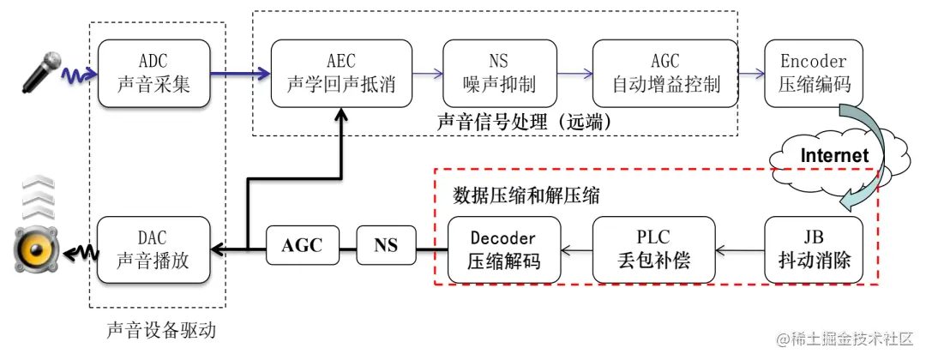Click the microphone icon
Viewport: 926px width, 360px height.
[x=41, y=71]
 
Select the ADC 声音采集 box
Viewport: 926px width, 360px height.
[x=154, y=74]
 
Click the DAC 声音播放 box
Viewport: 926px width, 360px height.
[x=154, y=249]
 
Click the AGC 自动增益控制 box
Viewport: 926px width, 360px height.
[x=665, y=74]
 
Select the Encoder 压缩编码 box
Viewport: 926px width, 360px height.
[x=813, y=74]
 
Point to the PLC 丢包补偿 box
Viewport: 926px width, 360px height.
[x=653, y=249]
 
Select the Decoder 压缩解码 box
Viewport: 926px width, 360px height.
[x=504, y=249]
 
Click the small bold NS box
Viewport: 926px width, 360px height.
[x=386, y=246]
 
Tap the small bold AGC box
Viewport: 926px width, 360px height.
[x=303, y=246]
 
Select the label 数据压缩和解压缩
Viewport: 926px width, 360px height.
[x=526, y=195]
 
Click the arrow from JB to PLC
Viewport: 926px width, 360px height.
[x=740, y=250]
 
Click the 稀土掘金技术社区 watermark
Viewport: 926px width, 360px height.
[x=845, y=339]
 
